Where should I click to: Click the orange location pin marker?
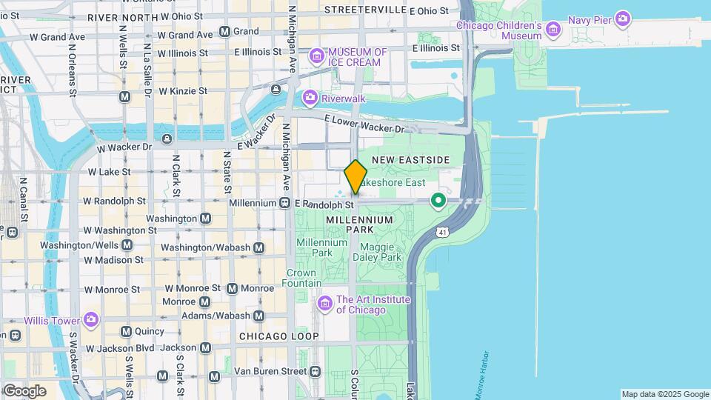(355, 177)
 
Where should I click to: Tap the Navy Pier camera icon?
(623, 19)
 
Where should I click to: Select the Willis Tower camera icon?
(91, 320)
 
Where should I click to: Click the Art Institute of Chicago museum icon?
(325, 304)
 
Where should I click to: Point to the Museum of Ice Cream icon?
(317, 56)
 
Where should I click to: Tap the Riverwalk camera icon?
(310, 97)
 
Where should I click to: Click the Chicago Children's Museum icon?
(553, 30)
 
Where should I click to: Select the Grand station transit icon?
(224, 32)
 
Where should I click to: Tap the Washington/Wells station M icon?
(127, 244)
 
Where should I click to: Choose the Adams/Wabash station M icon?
(258, 316)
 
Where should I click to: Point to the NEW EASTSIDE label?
(410, 160)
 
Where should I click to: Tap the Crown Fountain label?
(304, 278)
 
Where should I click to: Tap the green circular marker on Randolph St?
(438, 200)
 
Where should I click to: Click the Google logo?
(24, 390)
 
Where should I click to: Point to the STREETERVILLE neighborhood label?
(365, 10)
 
